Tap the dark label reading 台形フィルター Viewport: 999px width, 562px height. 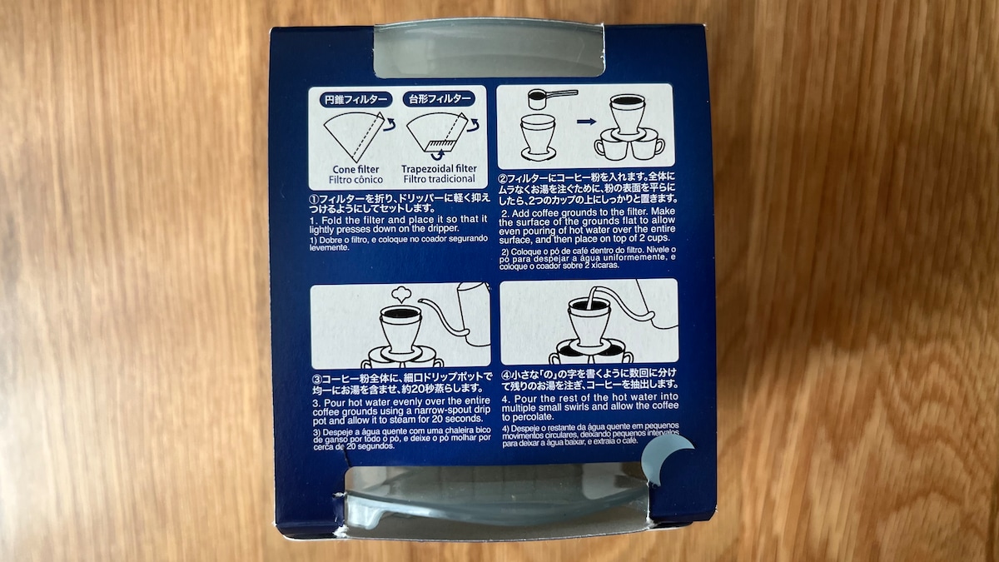pyautogui.click(x=439, y=99)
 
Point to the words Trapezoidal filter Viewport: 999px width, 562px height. pyautogui.click(x=439, y=169)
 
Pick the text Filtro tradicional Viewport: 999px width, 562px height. pyautogui.click(x=439, y=179)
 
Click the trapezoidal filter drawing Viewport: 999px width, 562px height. pyautogui.click(x=438, y=134)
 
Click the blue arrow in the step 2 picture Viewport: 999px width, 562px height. pyautogui.click(x=586, y=122)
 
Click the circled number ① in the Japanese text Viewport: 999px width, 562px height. pyautogui.click(x=316, y=199)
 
